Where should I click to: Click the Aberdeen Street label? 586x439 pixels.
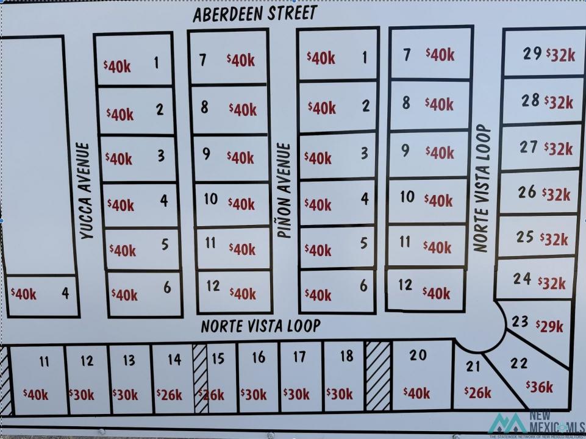point(255,13)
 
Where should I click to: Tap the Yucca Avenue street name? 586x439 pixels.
point(85,190)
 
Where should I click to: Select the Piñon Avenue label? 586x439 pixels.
point(284,190)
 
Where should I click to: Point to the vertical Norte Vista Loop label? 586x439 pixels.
point(482,188)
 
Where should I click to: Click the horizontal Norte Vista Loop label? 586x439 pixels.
point(260,326)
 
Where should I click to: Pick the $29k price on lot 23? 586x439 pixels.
point(550,326)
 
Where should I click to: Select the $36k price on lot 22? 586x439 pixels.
point(540,387)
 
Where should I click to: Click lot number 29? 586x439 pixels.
point(532,54)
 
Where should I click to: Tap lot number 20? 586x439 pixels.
point(418,355)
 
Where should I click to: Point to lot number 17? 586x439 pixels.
point(299,357)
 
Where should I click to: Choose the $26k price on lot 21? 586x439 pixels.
point(477,392)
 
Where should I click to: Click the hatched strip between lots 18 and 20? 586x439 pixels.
point(378,374)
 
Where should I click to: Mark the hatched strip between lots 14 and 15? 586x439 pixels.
point(200,378)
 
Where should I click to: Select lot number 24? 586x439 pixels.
point(522,279)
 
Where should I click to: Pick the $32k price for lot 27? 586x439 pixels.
point(559,149)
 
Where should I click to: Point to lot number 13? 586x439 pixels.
point(129,360)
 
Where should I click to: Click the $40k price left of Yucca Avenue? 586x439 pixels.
point(24,294)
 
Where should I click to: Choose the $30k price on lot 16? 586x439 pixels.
point(253,394)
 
